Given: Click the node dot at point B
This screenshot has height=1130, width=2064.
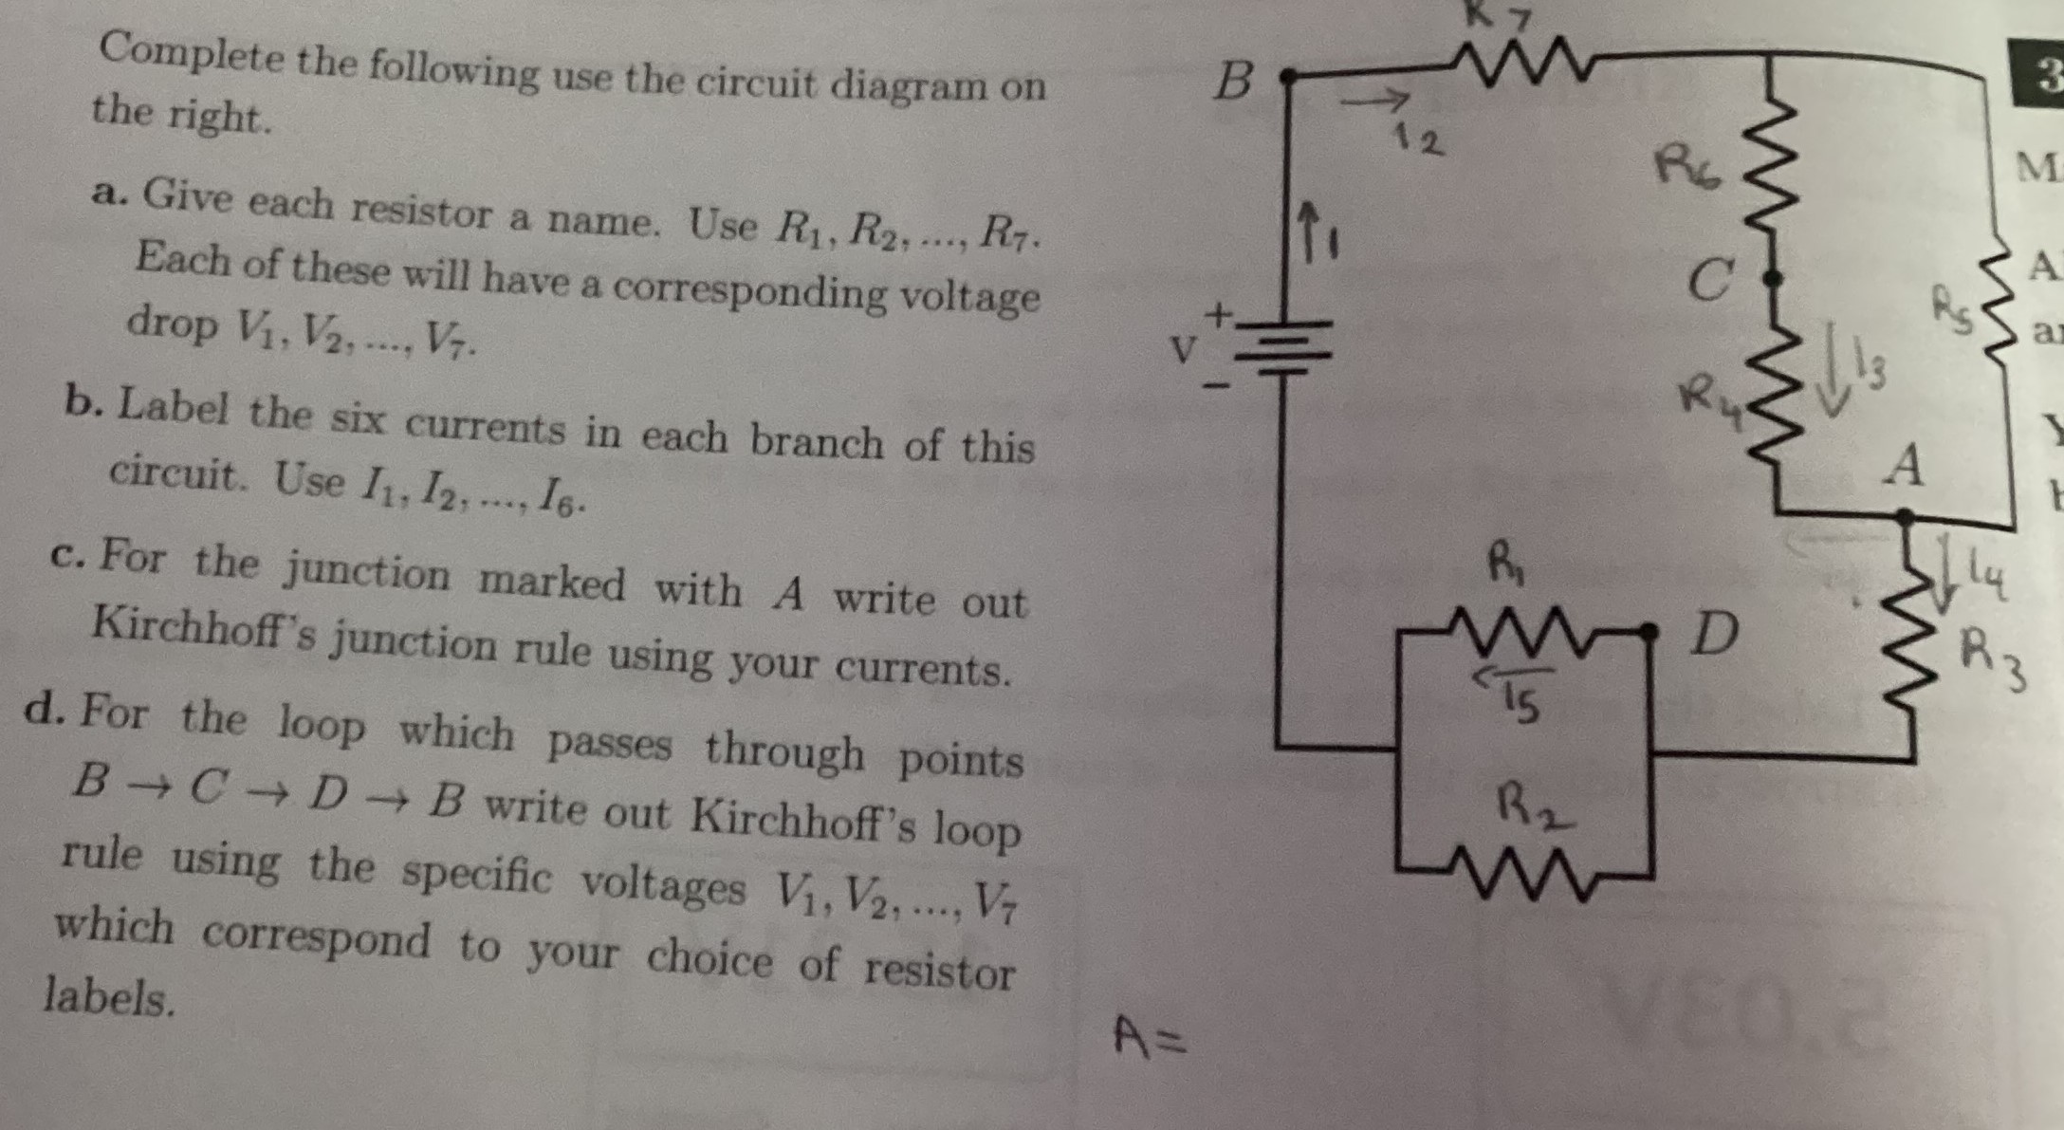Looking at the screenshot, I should tap(1287, 76).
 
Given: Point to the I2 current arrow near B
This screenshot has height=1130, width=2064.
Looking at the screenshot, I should tap(1375, 99).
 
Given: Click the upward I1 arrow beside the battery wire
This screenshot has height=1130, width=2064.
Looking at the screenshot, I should tap(1310, 228).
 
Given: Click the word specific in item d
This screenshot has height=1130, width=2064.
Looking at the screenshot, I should tap(474, 874).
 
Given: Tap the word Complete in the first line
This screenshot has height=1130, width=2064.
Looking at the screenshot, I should tap(191, 53).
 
